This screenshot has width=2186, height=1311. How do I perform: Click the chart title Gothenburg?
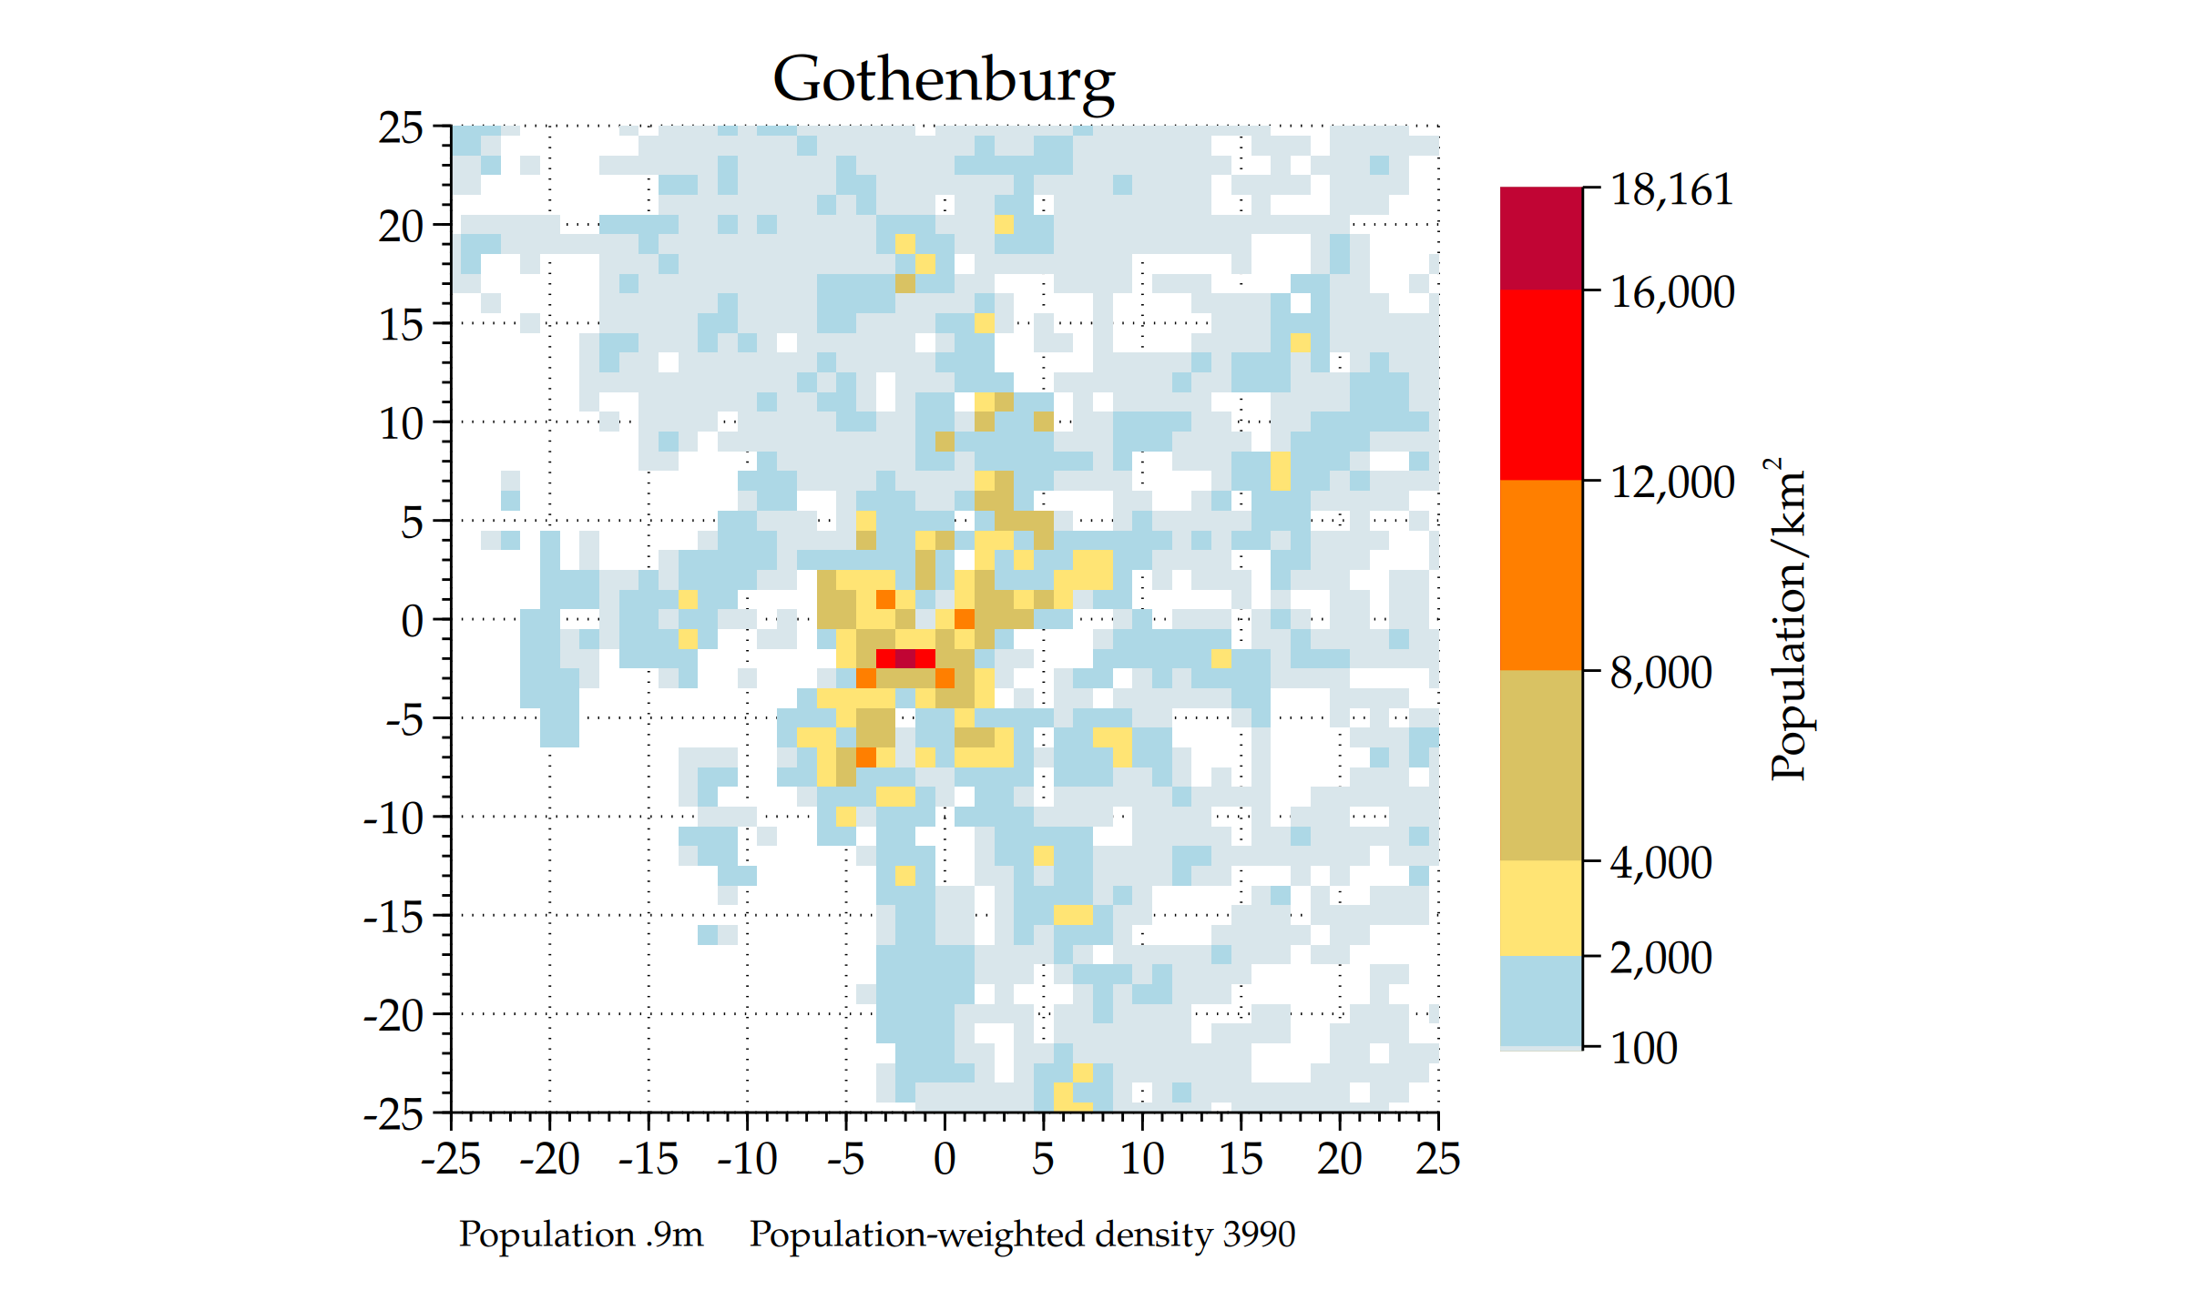click(x=944, y=80)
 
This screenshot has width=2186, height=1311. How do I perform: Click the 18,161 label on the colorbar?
click(x=1671, y=190)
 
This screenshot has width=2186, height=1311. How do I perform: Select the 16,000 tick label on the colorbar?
click(x=1671, y=292)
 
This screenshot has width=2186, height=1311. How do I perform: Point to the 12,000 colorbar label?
click(x=1671, y=483)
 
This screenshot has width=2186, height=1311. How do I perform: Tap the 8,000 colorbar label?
click(x=1660, y=673)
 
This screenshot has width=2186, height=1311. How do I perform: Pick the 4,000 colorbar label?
click(x=1660, y=863)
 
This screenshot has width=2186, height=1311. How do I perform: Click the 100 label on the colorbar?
click(x=1643, y=1048)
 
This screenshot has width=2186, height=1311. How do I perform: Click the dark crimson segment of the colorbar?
click(x=1540, y=239)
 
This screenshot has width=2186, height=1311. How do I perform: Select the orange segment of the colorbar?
click(x=1540, y=575)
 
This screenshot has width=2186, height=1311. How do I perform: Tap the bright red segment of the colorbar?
click(x=1540, y=384)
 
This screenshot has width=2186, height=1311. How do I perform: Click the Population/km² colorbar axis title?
click(x=1788, y=619)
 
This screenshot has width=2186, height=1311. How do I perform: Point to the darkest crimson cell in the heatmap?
click(x=905, y=658)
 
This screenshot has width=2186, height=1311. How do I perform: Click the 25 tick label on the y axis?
click(x=401, y=127)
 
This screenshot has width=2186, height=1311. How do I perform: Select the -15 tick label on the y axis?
click(x=393, y=917)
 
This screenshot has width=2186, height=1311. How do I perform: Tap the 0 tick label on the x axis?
click(x=945, y=1159)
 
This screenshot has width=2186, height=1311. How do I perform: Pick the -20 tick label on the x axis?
click(x=549, y=1159)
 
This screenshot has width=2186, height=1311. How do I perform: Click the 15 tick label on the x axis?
click(x=1241, y=1159)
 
